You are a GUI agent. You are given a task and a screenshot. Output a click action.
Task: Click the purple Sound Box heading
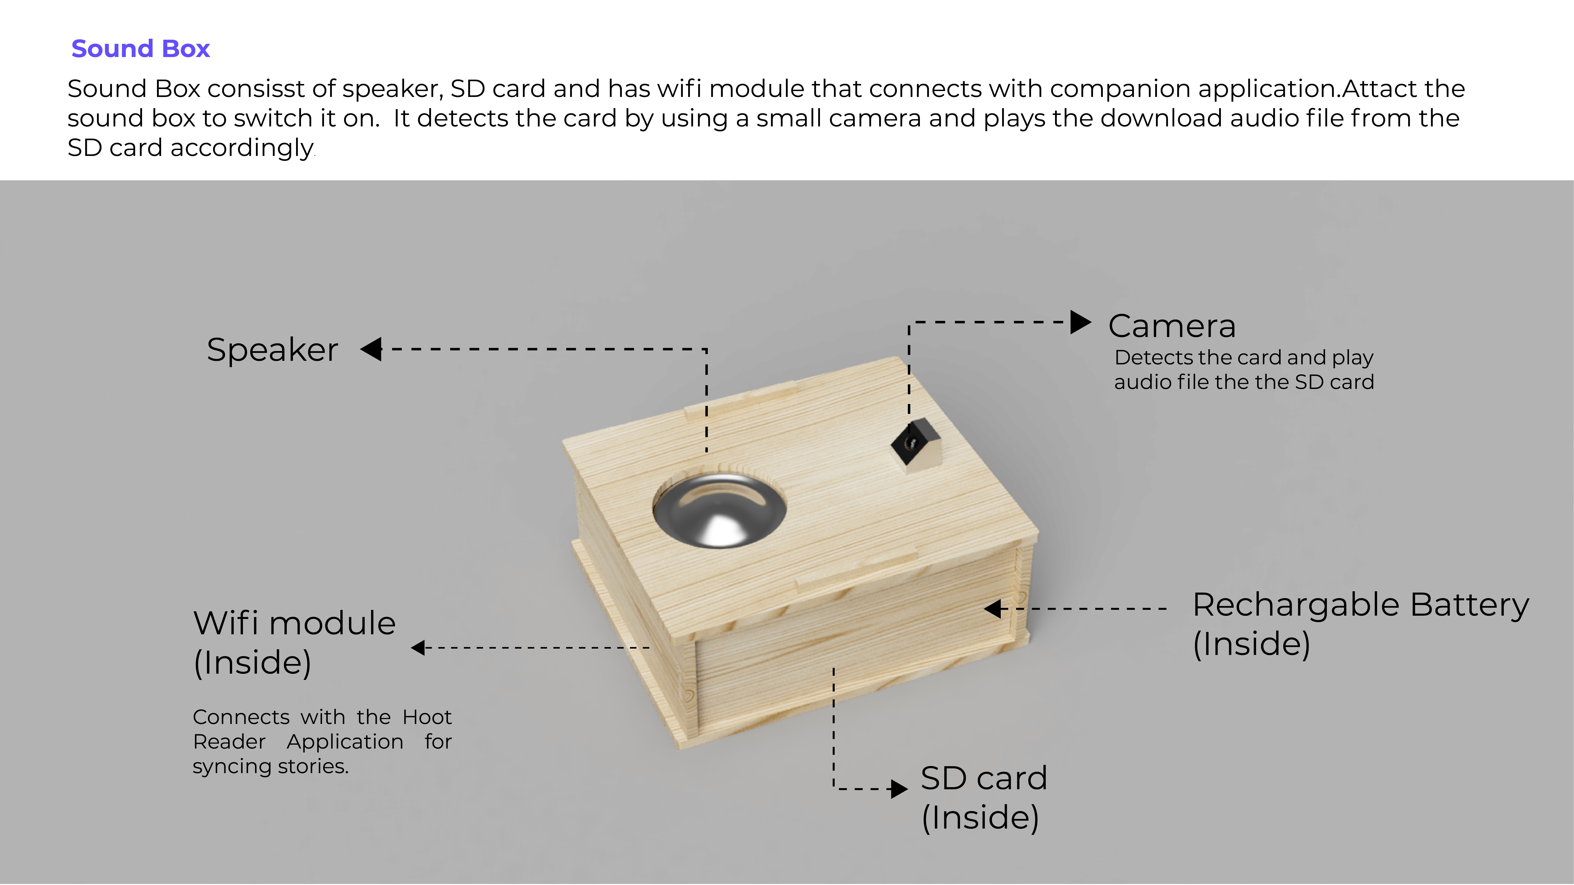(x=140, y=49)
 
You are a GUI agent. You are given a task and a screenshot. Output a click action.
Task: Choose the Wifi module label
(x=294, y=624)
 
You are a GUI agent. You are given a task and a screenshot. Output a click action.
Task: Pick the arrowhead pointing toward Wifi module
(x=419, y=647)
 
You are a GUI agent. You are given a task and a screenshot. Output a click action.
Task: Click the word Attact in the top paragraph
(x=1379, y=89)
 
